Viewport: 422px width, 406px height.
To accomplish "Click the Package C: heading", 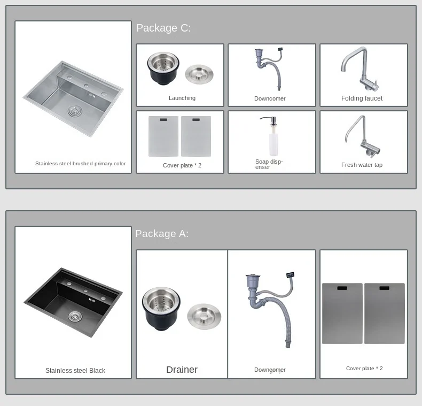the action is click(x=163, y=28).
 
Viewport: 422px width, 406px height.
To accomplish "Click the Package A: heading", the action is click(x=162, y=233).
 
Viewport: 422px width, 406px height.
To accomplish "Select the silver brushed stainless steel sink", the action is click(x=73, y=98).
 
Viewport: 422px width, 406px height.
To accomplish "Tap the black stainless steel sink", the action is click(x=73, y=302).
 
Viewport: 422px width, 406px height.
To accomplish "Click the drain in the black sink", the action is click(x=75, y=316).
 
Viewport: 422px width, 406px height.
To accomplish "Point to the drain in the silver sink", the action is click(x=75, y=111).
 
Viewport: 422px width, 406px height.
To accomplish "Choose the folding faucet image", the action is click(x=360, y=70).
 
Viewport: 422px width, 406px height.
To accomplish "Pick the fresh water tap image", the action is click(x=363, y=137).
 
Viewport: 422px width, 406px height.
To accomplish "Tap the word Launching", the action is click(x=182, y=98).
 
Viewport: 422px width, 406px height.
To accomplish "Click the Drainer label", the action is click(x=182, y=370).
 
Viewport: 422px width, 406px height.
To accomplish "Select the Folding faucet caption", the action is click(x=362, y=98).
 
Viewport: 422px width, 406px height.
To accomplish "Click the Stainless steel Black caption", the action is click(x=75, y=371).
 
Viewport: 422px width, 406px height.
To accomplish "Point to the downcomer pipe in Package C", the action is click(x=269, y=70).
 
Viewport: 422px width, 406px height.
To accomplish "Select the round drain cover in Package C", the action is click(x=199, y=74).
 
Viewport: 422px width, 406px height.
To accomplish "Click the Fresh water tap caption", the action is click(x=362, y=165).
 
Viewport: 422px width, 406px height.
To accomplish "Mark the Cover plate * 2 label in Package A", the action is click(x=364, y=369).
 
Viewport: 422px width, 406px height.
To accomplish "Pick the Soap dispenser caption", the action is click(x=269, y=164).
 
